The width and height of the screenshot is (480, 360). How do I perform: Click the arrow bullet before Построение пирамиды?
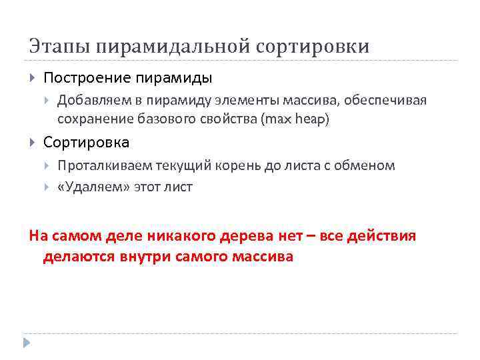pyautogui.click(x=33, y=78)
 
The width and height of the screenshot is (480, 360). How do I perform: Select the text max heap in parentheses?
pyautogui.click(x=296, y=120)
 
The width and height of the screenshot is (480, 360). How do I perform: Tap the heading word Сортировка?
pyautogui.click(x=86, y=142)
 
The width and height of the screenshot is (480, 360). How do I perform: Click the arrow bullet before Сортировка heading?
pyautogui.click(x=33, y=142)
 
